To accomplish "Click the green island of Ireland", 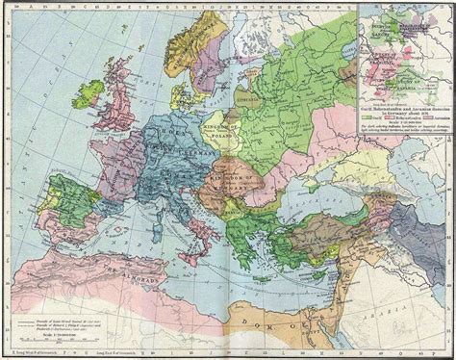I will pyautogui.click(x=90, y=94).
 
